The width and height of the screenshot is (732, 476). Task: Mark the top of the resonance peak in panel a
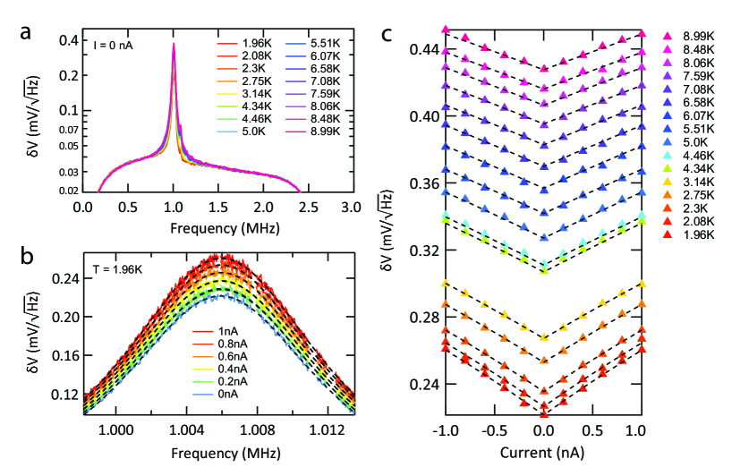tap(174, 43)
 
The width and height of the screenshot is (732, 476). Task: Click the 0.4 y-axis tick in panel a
tap(66, 40)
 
